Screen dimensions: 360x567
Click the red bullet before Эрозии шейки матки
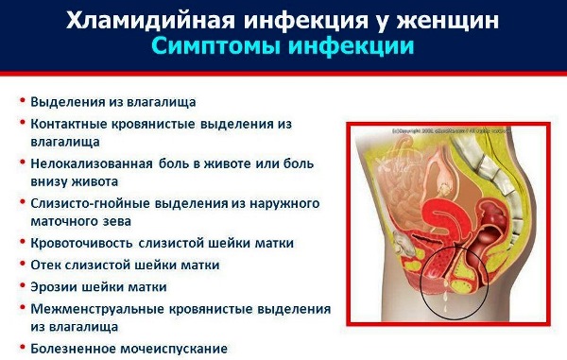point(22,286)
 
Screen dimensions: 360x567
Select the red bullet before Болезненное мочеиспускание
point(22,348)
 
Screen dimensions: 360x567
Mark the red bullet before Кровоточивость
point(22,243)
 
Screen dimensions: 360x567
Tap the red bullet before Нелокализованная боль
point(22,163)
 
